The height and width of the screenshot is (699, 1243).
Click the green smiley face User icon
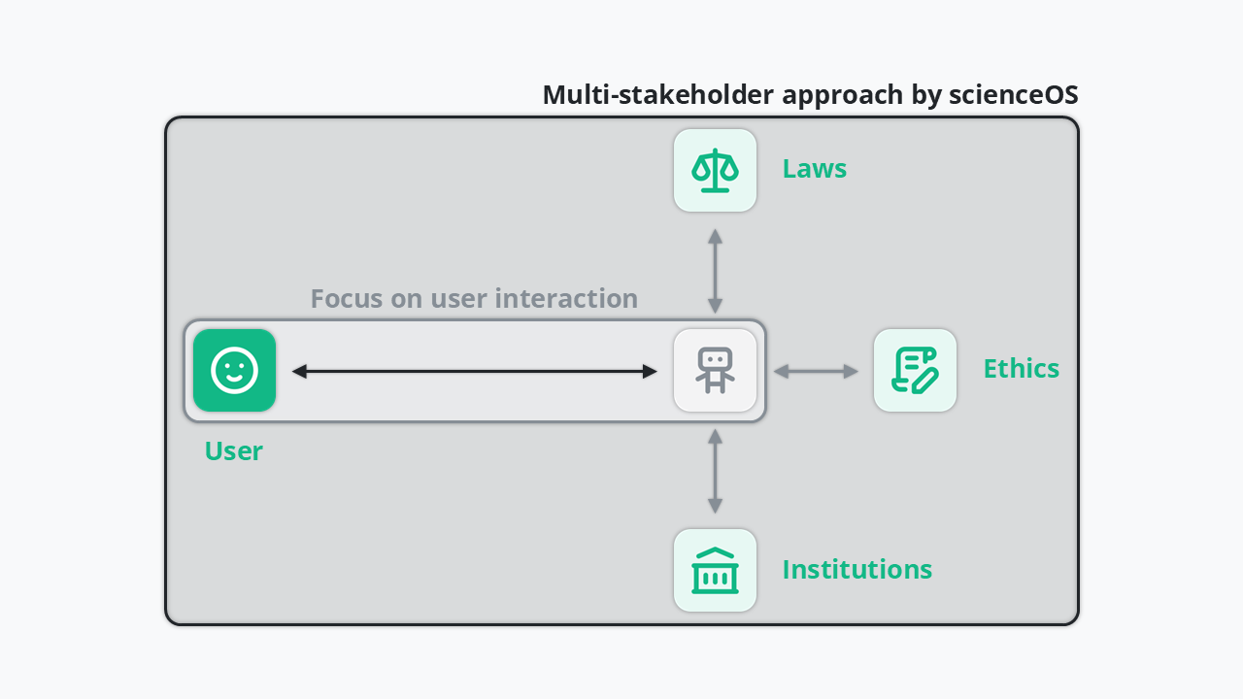(234, 370)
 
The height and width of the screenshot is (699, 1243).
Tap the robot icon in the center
(715, 370)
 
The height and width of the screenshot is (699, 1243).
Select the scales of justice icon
(715, 170)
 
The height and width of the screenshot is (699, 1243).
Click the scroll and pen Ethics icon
(915, 370)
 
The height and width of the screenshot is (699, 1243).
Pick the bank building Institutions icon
(715, 570)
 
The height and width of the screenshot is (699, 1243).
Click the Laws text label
(814, 169)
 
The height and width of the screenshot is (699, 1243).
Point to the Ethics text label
(1021, 369)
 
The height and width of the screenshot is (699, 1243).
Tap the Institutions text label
(857, 569)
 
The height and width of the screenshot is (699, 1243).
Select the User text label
(233, 451)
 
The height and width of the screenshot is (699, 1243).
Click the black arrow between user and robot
(474, 371)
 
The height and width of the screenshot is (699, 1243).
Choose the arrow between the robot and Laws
(715, 270)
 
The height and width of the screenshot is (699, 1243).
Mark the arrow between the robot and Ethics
(816, 371)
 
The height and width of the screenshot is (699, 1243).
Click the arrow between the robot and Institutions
(715, 471)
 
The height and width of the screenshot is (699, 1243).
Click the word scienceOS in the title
(1015, 95)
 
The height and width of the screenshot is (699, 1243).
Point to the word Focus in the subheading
(347, 298)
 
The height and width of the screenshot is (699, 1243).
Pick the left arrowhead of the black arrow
(299, 371)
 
